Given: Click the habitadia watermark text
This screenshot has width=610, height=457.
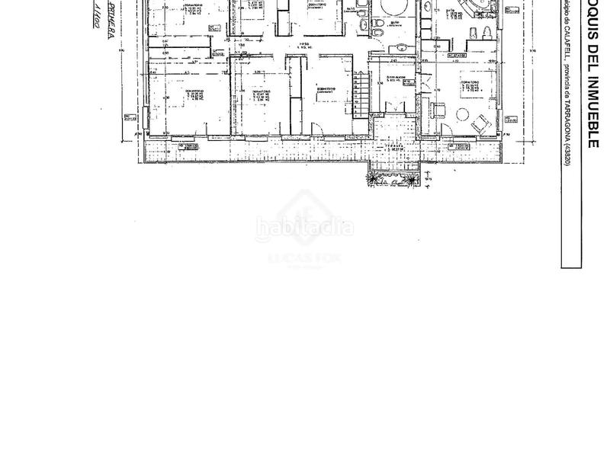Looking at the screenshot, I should point(305,227).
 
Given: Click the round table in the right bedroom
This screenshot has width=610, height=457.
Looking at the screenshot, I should point(463,116).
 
